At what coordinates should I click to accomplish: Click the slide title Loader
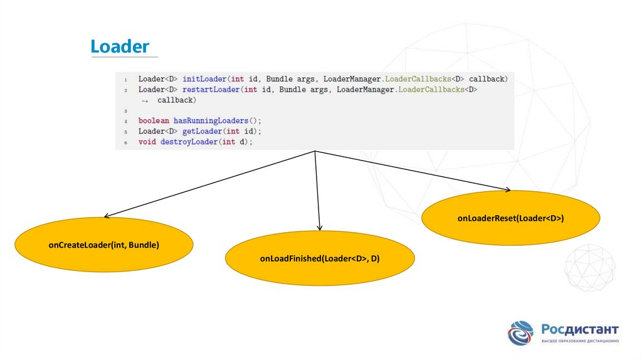click(x=120, y=46)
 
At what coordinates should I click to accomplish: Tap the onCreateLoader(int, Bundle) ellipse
click(x=104, y=245)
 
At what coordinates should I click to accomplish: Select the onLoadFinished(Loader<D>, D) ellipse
click(x=320, y=258)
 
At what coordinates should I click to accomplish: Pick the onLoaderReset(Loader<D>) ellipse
click(x=511, y=218)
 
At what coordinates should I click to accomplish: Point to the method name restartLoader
click(x=211, y=90)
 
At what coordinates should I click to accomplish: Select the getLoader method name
click(x=202, y=131)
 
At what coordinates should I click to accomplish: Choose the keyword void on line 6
click(x=147, y=142)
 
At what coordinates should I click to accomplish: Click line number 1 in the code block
click(x=125, y=80)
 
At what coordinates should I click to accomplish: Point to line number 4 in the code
click(x=125, y=121)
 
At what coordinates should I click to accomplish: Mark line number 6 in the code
click(x=125, y=142)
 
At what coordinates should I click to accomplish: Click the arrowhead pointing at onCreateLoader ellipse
click(x=107, y=216)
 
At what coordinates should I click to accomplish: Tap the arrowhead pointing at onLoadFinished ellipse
click(x=320, y=228)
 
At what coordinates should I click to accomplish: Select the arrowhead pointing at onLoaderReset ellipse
click(x=507, y=189)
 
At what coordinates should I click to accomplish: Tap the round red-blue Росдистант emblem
click(x=520, y=333)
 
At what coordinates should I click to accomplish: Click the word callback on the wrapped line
click(x=177, y=100)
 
